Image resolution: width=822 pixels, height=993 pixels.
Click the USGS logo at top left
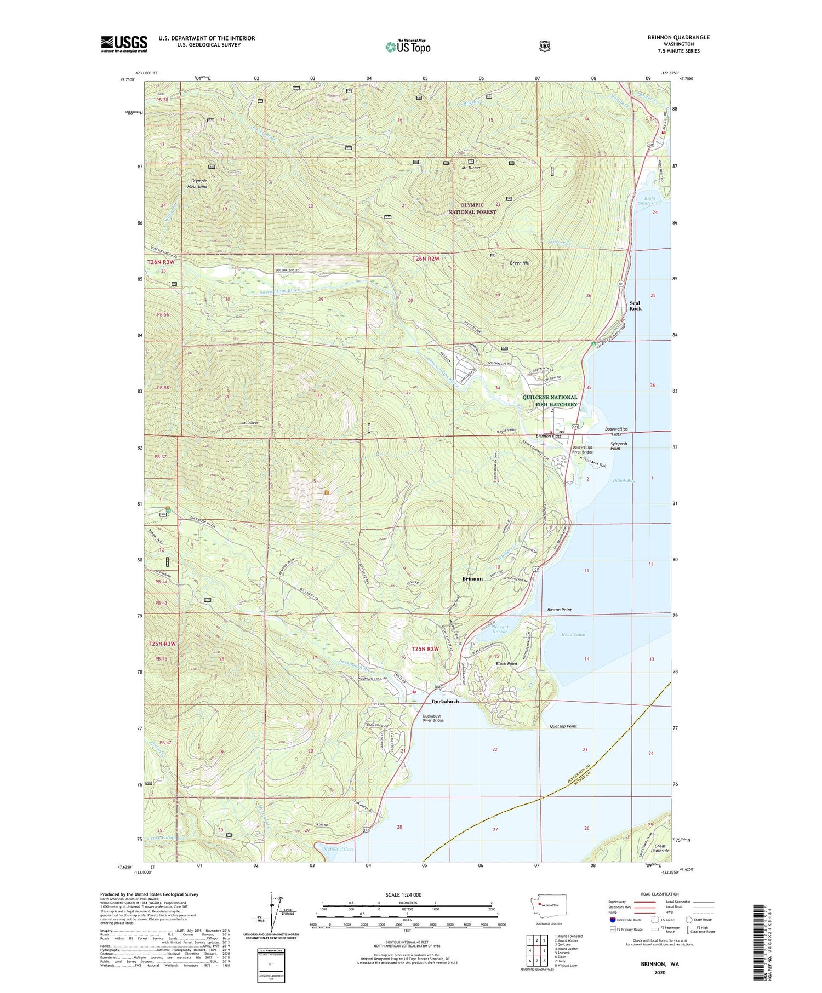coord(124,44)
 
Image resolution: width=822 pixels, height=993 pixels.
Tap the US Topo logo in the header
coord(408,47)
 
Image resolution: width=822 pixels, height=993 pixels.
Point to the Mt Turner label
coord(471,168)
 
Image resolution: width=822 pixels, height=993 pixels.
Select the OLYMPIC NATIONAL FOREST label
coord(472,208)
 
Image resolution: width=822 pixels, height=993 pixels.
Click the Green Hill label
coord(519,263)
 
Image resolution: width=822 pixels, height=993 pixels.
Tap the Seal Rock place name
coord(635,306)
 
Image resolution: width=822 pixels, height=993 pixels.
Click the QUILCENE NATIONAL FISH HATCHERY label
coord(550,401)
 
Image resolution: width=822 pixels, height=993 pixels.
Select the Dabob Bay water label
coord(624,480)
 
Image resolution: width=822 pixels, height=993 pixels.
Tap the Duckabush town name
coord(445,702)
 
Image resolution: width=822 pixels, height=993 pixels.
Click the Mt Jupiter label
coord(250,423)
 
